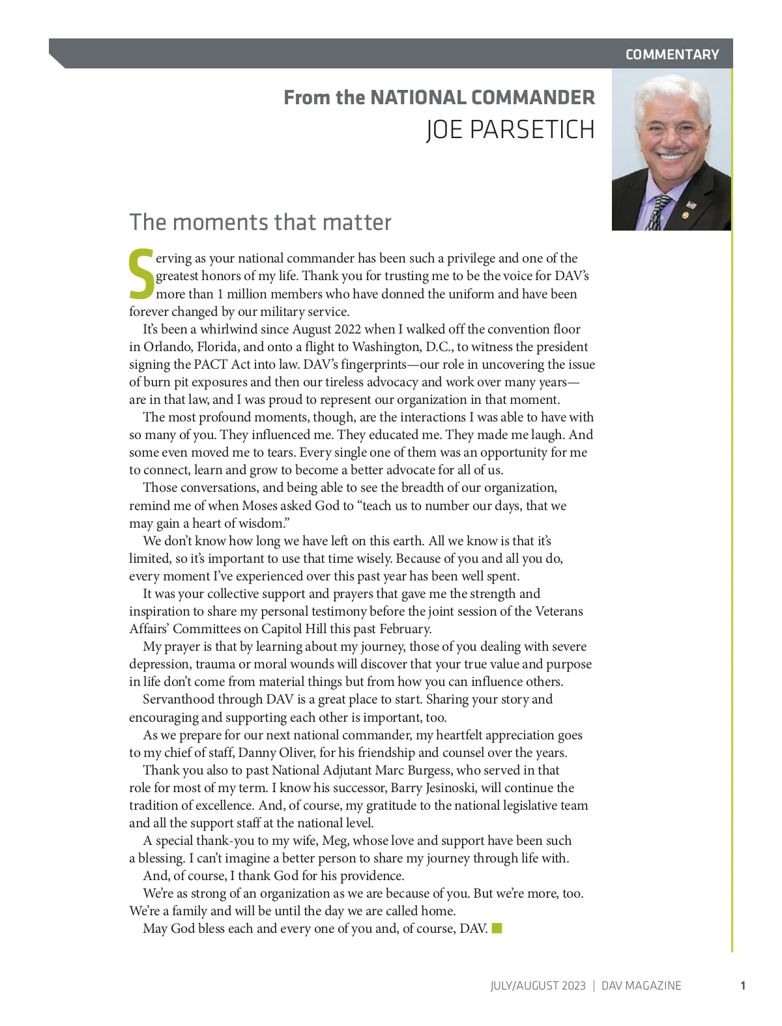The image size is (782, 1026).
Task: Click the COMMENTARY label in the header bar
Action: pos(672,55)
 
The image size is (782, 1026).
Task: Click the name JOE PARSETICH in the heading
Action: pos(510,130)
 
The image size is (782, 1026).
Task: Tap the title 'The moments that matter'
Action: pos(260,222)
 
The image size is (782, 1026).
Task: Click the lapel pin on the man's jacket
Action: pos(685,214)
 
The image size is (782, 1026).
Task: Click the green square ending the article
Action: pos(497,928)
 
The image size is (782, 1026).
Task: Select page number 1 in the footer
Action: pos(743,986)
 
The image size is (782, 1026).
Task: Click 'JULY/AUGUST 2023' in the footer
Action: pos(538,986)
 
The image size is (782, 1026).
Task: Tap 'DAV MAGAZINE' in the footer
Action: pos(641,986)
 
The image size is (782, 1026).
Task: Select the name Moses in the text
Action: pos(259,506)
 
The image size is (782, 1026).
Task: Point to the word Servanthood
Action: pos(179,700)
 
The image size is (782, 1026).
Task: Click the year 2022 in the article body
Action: pos(347,330)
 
